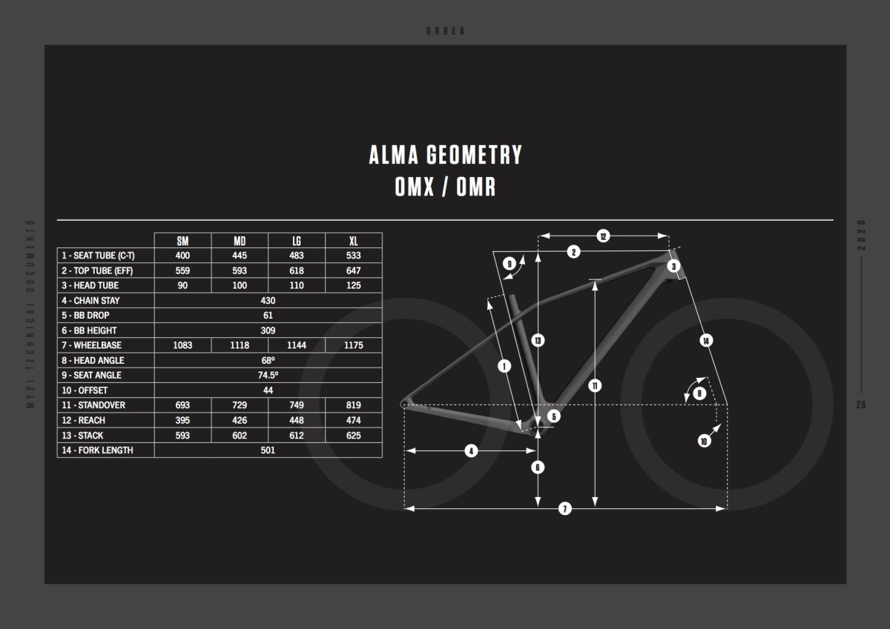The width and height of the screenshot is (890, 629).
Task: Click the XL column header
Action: click(353, 241)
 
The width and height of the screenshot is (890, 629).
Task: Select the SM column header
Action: click(182, 241)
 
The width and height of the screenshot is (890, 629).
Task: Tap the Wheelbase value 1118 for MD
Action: click(240, 345)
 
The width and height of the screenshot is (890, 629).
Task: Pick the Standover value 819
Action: click(353, 405)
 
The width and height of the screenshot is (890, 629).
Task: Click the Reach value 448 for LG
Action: click(297, 420)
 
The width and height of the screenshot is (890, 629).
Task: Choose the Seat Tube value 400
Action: click(182, 256)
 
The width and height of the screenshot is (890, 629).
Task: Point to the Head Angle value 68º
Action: click(268, 360)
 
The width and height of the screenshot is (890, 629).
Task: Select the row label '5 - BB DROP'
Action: click(85, 316)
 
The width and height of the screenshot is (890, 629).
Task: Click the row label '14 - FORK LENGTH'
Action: click(97, 450)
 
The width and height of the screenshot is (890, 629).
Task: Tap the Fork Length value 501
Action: click(268, 450)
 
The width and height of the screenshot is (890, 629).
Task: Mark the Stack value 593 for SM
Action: click(182, 436)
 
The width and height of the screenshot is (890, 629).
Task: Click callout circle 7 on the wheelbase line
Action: click(565, 508)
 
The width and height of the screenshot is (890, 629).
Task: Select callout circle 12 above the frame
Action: click(603, 236)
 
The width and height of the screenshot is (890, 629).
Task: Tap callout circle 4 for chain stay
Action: click(471, 450)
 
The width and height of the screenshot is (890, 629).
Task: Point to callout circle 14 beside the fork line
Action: click(706, 341)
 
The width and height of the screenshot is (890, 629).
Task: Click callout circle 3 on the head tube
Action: click(673, 266)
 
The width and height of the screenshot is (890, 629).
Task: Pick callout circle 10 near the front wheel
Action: click(704, 441)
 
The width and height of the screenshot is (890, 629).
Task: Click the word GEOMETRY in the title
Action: click(474, 155)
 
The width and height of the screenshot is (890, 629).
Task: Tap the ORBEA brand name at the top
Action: click(445, 31)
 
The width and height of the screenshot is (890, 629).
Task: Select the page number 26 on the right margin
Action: click(860, 405)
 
